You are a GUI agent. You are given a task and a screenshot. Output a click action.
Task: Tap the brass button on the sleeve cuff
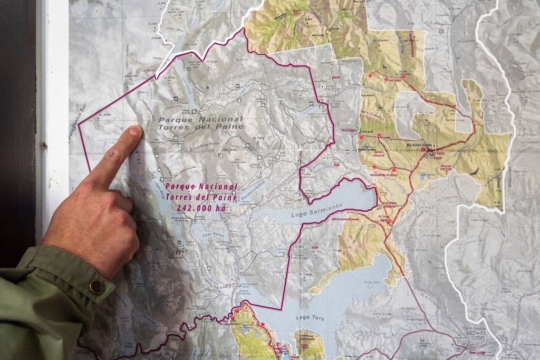[x=97, y=286]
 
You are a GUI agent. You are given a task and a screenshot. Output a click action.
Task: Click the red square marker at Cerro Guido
[x=423, y=149]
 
